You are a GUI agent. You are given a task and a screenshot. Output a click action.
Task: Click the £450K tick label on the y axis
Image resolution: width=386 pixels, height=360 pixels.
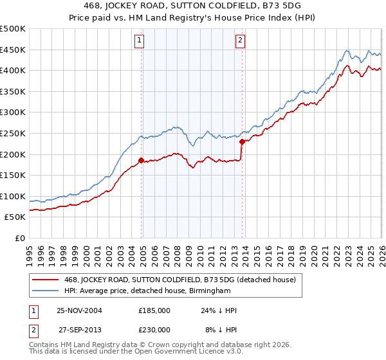[x=13, y=50]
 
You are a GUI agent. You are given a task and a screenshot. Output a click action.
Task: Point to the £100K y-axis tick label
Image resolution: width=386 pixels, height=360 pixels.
[x=13, y=196]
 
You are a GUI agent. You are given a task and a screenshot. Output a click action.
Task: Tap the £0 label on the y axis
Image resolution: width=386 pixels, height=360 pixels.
[x=20, y=239]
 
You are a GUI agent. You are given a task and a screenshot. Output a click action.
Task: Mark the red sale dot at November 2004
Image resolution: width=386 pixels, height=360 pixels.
[x=142, y=161]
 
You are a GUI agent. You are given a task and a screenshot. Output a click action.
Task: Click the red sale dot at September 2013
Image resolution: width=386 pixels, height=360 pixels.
[x=242, y=141]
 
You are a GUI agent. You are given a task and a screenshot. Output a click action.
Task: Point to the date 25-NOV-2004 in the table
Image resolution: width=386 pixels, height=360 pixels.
[x=80, y=310]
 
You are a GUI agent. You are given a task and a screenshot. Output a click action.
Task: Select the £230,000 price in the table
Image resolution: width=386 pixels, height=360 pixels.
[x=154, y=329]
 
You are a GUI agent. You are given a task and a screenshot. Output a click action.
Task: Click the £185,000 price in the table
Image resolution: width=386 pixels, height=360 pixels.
[x=154, y=310]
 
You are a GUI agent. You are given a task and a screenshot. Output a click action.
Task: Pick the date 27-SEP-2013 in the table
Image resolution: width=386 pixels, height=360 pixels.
[x=80, y=329]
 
